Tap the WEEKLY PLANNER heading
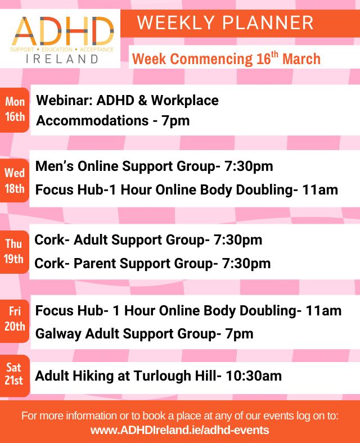click(x=225, y=23)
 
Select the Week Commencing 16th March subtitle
click(x=226, y=58)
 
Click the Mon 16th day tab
click(x=15, y=110)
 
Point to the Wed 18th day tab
click(x=15, y=180)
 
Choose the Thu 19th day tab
click(x=15, y=252)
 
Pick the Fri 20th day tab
click(x=15, y=319)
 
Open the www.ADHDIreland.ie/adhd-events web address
click(x=179, y=430)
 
